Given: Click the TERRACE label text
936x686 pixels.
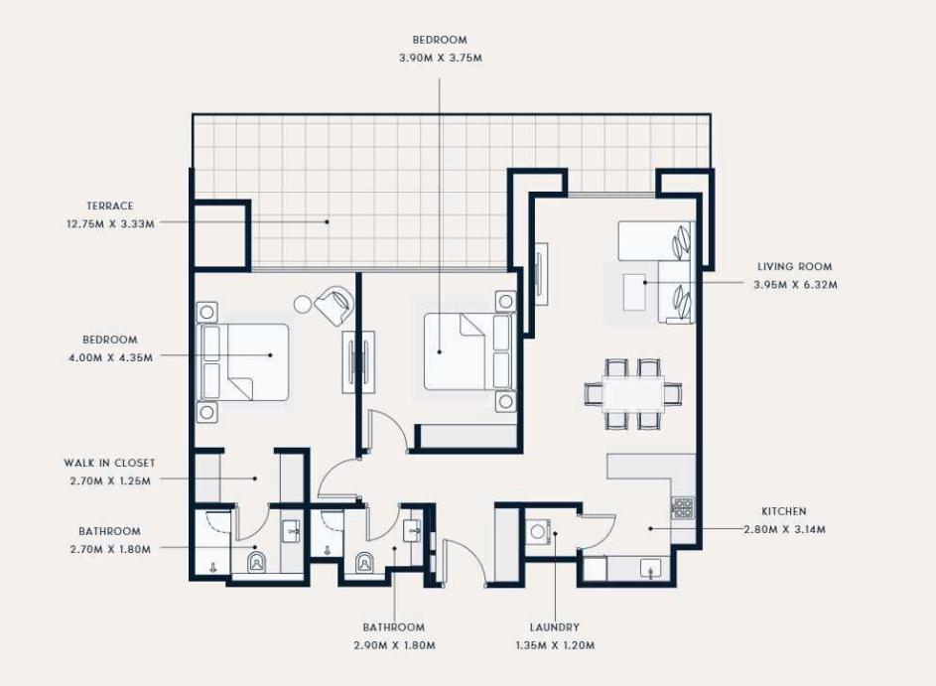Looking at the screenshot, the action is click(110, 206).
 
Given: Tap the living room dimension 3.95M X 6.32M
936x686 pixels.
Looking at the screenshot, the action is click(795, 285).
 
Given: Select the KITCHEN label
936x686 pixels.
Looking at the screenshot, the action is click(784, 511).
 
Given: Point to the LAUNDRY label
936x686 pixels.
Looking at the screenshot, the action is click(555, 626).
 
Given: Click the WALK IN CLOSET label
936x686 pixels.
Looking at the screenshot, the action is click(109, 463).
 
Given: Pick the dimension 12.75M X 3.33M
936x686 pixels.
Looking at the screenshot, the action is click(110, 224).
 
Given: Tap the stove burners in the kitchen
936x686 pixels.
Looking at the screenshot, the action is click(683, 507).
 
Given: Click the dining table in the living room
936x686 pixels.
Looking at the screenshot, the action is click(633, 394).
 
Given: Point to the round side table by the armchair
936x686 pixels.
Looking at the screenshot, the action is click(304, 304).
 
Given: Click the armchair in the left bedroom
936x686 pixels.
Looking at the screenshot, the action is click(334, 305).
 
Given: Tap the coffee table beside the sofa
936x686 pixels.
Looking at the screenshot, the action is click(634, 292).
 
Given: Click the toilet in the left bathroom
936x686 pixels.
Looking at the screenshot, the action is click(257, 562).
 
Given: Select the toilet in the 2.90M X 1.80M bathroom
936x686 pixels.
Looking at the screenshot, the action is click(364, 563).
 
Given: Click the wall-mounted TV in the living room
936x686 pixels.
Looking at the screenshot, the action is click(540, 274).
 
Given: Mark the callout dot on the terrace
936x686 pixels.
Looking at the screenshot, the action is click(327, 221).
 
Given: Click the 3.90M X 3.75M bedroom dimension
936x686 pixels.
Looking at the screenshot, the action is click(441, 58).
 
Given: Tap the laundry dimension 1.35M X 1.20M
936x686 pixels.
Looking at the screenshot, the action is click(555, 645).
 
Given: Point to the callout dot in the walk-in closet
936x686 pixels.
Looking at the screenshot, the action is click(255, 479).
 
